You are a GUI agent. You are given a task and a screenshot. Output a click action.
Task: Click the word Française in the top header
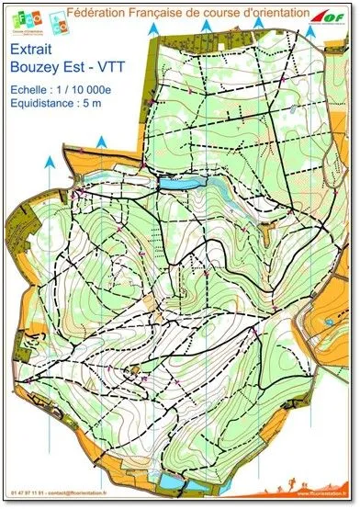pyautogui.click(x=172, y=10)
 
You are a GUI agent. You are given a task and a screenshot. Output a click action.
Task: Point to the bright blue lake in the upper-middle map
pyautogui.click(x=175, y=184)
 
